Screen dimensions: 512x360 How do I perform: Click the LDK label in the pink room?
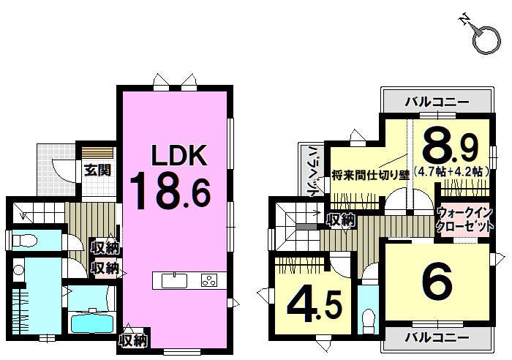179,156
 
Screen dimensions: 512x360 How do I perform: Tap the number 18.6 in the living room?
170,192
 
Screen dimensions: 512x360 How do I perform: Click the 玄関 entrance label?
97,170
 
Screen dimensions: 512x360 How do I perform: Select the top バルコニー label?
437,102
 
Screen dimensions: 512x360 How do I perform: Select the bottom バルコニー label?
437,337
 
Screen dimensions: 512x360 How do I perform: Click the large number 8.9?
450,148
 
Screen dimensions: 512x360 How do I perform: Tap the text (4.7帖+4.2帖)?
452,171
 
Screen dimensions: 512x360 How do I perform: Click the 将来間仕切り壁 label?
370,176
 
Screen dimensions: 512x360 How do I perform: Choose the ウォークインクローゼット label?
464,220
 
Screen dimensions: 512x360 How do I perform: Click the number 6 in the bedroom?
437,283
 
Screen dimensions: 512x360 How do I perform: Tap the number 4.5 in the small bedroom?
315,306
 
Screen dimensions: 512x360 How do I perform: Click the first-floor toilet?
24,241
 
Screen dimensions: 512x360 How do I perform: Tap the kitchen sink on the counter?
174,281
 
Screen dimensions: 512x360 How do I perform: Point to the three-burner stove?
209,280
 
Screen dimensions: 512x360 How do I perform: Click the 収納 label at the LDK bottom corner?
133,341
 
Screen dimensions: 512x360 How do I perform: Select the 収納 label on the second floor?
342,220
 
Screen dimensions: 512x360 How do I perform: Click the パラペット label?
313,171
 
